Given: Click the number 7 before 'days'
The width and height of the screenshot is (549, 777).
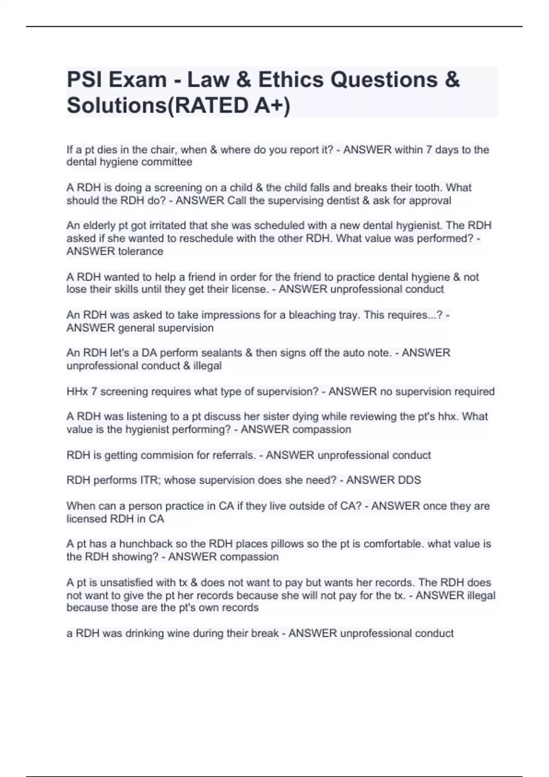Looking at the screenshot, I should tap(428, 150).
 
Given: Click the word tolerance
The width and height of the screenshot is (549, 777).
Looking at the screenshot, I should tap(140, 251).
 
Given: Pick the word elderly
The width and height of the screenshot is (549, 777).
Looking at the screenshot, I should tap(102, 226).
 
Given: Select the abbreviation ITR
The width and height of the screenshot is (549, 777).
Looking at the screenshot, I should tap(150, 480).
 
